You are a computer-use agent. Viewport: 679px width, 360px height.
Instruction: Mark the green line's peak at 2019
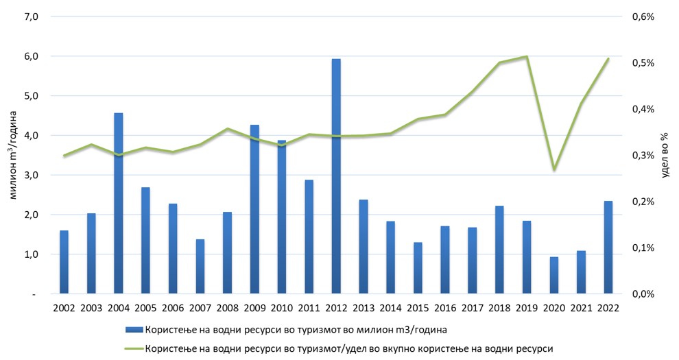tap(527, 56)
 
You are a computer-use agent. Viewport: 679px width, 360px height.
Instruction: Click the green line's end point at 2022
tap(608, 59)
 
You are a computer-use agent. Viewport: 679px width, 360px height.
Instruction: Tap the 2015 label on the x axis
tap(418, 308)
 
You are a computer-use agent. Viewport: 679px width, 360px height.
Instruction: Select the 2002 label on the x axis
tap(64, 308)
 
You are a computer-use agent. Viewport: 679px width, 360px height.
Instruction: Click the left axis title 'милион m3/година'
tap(13, 155)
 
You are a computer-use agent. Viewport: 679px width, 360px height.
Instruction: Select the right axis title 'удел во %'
tap(664, 155)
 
